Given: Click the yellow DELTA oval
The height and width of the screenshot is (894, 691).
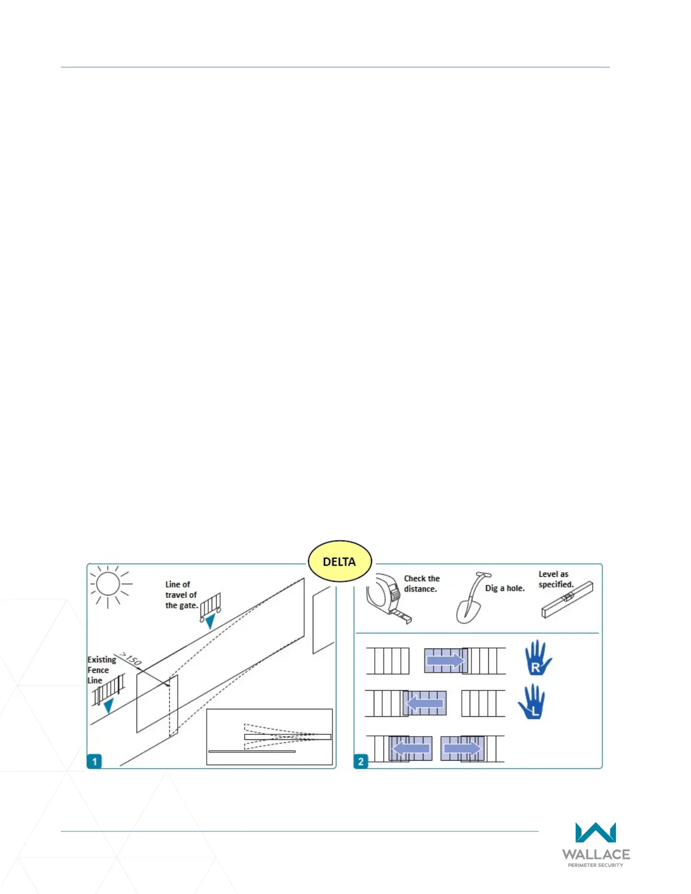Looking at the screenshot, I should (339, 562).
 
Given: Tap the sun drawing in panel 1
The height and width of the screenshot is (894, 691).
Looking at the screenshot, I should (108, 584).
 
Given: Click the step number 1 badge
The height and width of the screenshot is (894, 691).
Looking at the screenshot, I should (94, 761).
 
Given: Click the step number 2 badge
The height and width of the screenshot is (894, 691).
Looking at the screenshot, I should (361, 761).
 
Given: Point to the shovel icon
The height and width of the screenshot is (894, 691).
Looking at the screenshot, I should (471, 598).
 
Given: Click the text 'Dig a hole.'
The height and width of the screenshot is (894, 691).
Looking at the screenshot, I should (505, 588).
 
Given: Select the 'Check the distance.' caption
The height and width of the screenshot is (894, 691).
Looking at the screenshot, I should (421, 584).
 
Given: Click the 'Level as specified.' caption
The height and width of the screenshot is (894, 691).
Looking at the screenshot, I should (556, 579).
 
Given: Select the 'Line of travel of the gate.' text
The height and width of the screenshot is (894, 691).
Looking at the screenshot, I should (181, 595).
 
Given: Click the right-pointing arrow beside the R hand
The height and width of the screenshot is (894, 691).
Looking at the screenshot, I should (445, 660).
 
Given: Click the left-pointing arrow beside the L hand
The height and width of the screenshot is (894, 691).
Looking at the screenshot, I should (425, 703).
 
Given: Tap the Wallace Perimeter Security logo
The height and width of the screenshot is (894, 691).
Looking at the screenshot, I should (596, 844).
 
